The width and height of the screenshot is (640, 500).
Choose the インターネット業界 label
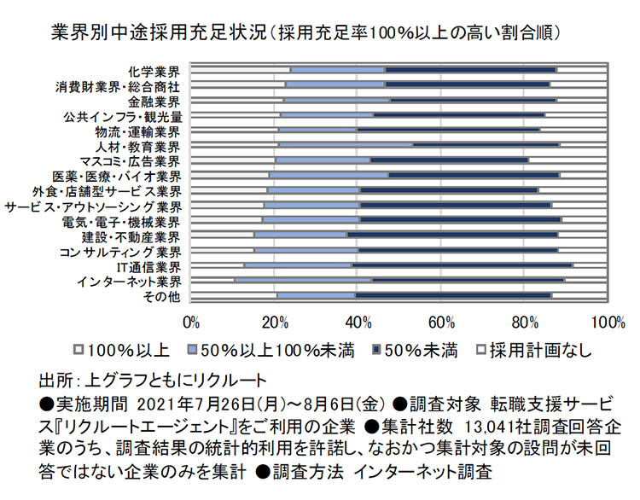tap(129, 281)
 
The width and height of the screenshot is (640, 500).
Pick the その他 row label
tap(162, 296)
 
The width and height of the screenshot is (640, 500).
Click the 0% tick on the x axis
tap(192, 321)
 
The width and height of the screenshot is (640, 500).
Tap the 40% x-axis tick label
tap(359, 321)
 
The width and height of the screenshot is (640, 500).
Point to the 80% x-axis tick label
tap(526, 321)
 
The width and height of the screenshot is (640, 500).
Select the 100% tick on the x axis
tap(607, 321)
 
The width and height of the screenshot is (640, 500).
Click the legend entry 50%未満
tap(418, 350)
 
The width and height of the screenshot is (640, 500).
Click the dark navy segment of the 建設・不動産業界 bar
tap(451, 235)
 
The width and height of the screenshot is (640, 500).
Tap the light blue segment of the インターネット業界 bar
tap(303, 280)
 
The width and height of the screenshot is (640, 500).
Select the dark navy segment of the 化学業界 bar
tap(470, 70)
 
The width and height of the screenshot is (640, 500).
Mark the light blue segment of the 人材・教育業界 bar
tap(346, 145)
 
